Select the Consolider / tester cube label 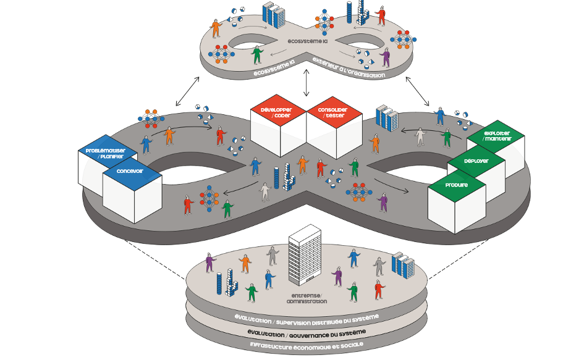[x=332, y=112]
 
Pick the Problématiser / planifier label [x=106, y=153]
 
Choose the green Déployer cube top [x=476, y=161]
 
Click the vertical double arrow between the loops [x=306, y=83]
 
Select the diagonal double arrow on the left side [x=187, y=91]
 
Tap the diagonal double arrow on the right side [x=418, y=91]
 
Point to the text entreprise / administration [x=307, y=299]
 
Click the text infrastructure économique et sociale [x=307, y=346]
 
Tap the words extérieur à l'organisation [x=349, y=67]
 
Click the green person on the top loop [x=256, y=55]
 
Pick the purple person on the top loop [x=385, y=57]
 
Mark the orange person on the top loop [x=216, y=28]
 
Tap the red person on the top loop [x=381, y=15]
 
